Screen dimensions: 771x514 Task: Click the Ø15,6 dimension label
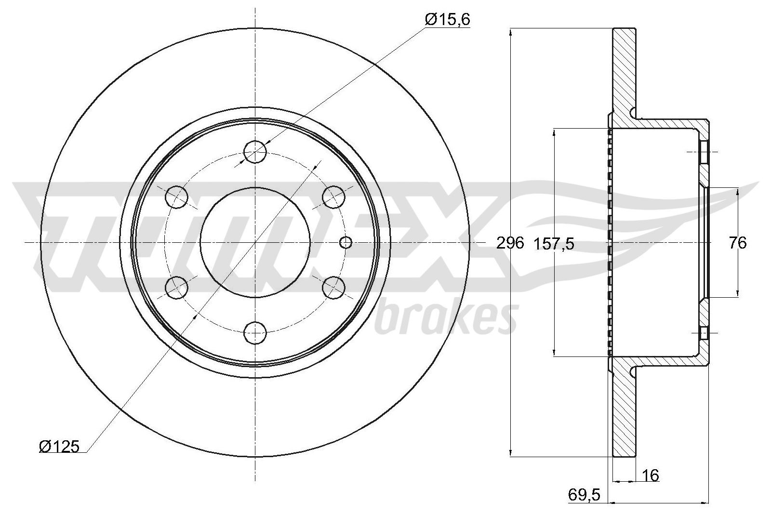coord(448,20)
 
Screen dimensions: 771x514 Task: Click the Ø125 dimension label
coord(59,447)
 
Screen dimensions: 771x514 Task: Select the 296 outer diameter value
coord(510,243)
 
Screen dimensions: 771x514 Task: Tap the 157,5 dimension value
coord(554,244)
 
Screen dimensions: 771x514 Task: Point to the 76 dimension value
coord(738,243)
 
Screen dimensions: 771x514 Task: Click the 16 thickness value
coord(651,475)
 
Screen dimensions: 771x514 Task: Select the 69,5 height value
coord(584,495)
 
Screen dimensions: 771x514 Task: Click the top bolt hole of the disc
coord(255,151)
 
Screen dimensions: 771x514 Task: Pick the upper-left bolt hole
coord(176,197)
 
